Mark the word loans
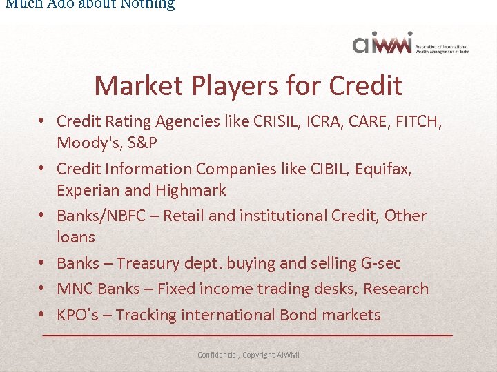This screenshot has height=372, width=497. click(x=76, y=238)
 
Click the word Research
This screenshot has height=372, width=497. click(x=396, y=289)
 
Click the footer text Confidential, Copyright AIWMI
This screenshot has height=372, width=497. click(x=248, y=355)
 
